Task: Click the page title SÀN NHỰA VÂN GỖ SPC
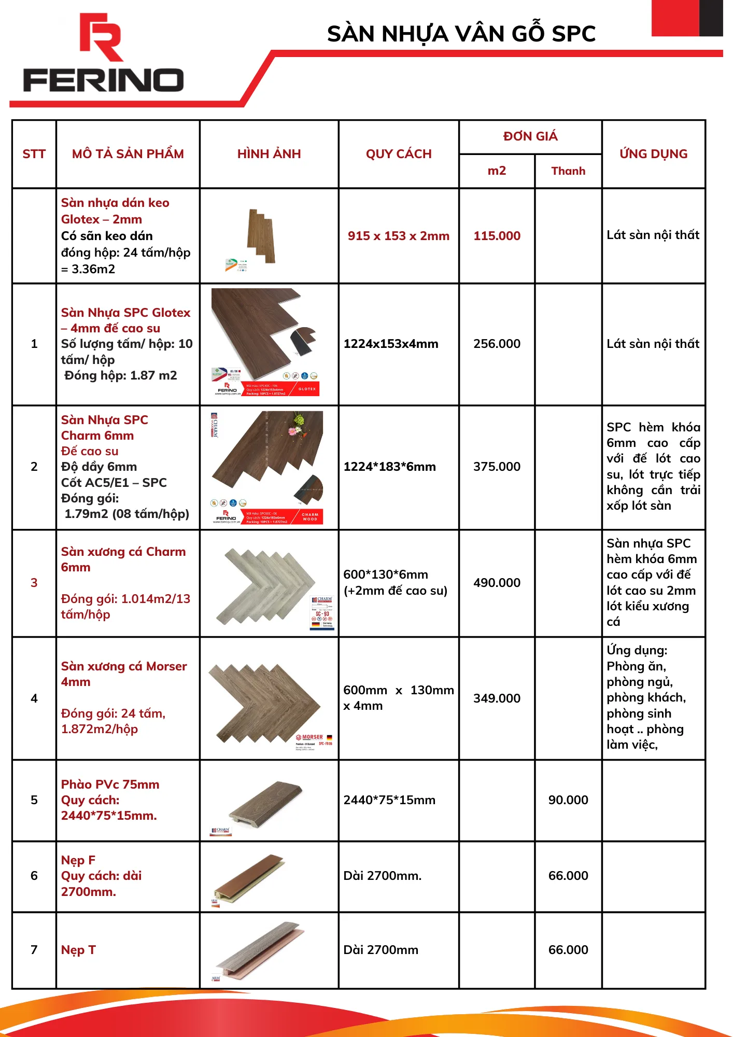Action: coord(461,34)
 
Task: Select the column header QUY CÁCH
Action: coord(399,154)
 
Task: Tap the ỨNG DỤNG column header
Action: coord(653,154)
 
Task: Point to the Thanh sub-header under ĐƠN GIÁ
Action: coord(568,171)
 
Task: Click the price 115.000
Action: coord(497,236)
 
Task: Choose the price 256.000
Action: coord(497,344)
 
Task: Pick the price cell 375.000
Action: coord(497,467)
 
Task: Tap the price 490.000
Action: coord(497,583)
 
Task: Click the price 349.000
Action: coord(497,698)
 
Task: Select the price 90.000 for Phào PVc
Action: coord(568,800)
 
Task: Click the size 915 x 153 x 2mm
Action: coord(399,236)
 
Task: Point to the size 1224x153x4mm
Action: coord(391,344)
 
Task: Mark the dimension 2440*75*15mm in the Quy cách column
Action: coord(389,800)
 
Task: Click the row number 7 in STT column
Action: coord(34,950)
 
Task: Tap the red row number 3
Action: coord(34,583)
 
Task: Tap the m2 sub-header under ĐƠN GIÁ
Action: coord(497,171)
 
